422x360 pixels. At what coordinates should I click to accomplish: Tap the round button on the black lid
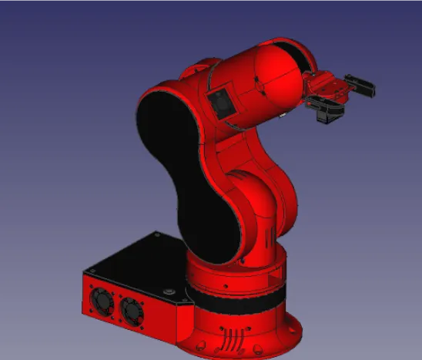point(168,291)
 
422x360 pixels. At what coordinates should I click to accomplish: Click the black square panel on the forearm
point(220,103)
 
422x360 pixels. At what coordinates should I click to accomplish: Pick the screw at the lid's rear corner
point(157,234)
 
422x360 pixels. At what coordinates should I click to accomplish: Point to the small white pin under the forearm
point(283,115)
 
